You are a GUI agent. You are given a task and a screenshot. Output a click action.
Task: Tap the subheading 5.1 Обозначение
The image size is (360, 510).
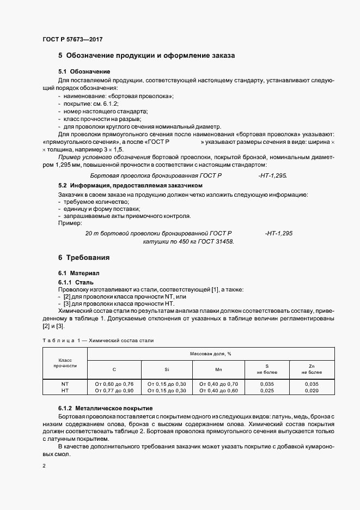click(x=84, y=72)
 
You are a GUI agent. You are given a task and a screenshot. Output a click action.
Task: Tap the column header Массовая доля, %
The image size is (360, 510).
click(x=211, y=354)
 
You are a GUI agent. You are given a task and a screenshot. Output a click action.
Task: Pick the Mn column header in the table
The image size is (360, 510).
click(x=219, y=369)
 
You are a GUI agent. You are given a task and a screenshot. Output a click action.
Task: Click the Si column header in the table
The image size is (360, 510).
click(x=167, y=369)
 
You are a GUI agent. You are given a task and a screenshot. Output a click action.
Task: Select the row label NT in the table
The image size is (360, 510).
click(x=65, y=384)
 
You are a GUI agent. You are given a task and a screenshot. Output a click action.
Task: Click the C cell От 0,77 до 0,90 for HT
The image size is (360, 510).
click(x=114, y=390)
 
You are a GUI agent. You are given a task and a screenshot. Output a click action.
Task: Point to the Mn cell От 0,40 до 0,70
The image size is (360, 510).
click(x=219, y=384)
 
